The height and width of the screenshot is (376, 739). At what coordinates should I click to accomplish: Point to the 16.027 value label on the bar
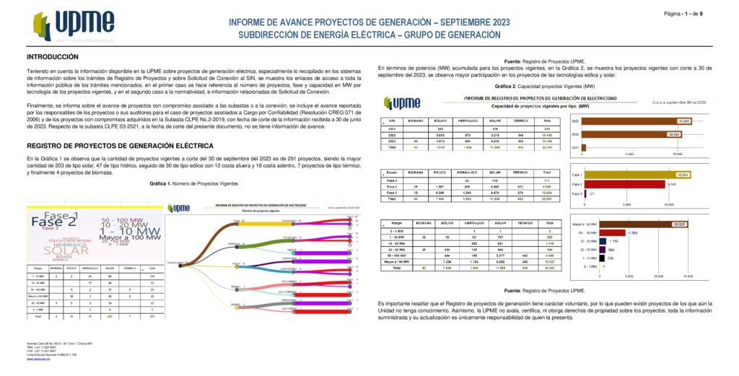click(678, 224)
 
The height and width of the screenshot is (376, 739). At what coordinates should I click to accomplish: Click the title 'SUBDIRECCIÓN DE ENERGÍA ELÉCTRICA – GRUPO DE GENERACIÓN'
click(369, 35)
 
